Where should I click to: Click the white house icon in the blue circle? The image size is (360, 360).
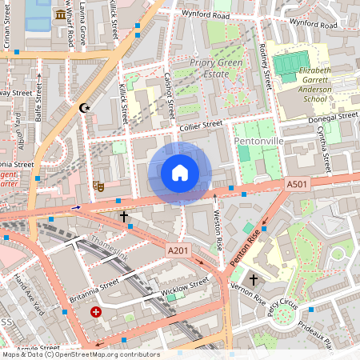coord(180,173)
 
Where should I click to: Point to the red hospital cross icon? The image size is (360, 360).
coord(97,311)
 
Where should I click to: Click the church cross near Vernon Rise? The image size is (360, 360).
coord(253,280)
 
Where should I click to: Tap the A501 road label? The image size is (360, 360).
coord(295,185)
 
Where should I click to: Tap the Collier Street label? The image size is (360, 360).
coord(200,125)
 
